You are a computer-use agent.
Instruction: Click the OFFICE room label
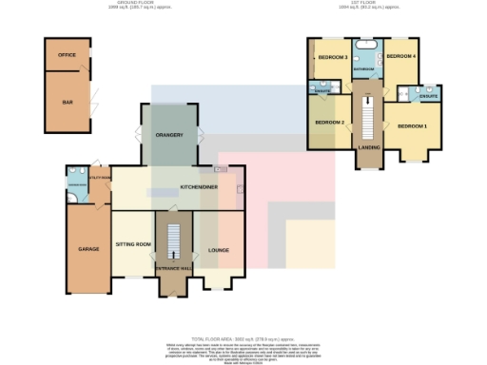tap(67, 55)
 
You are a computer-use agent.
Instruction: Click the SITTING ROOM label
tap(133, 244)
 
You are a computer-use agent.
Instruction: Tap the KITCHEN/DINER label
tap(199, 187)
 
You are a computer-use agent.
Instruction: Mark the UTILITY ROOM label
tap(100, 177)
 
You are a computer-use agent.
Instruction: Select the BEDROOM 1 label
tap(412, 126)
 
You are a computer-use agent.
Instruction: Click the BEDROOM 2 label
tap(328, 123)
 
